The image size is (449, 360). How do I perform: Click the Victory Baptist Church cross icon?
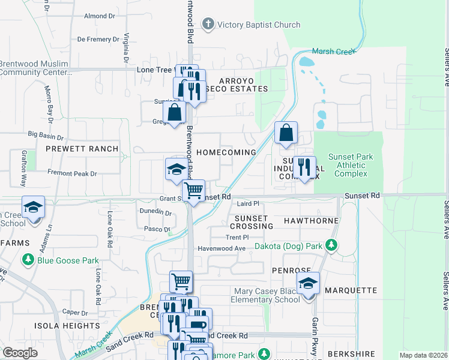[208, 25]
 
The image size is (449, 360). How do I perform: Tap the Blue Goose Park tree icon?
[28, 260]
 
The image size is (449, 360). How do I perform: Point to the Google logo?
[20, 353]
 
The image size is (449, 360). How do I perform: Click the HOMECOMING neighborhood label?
[226, 152]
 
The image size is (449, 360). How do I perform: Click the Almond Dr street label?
[99, 16]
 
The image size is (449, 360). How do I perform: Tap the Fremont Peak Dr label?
[71, 173]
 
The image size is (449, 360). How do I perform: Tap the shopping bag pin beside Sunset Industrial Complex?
[286, 133]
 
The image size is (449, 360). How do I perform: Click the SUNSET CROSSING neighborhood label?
[253, 221]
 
